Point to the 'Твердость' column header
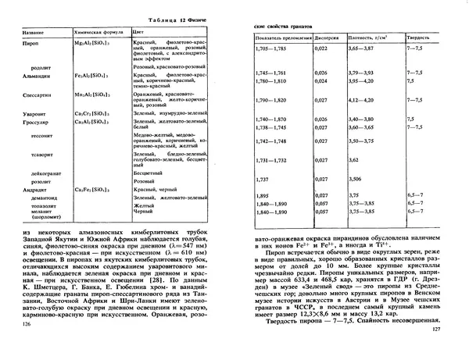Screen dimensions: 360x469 click(419, 37)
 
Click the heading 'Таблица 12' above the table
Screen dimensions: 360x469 click(146, 18)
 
